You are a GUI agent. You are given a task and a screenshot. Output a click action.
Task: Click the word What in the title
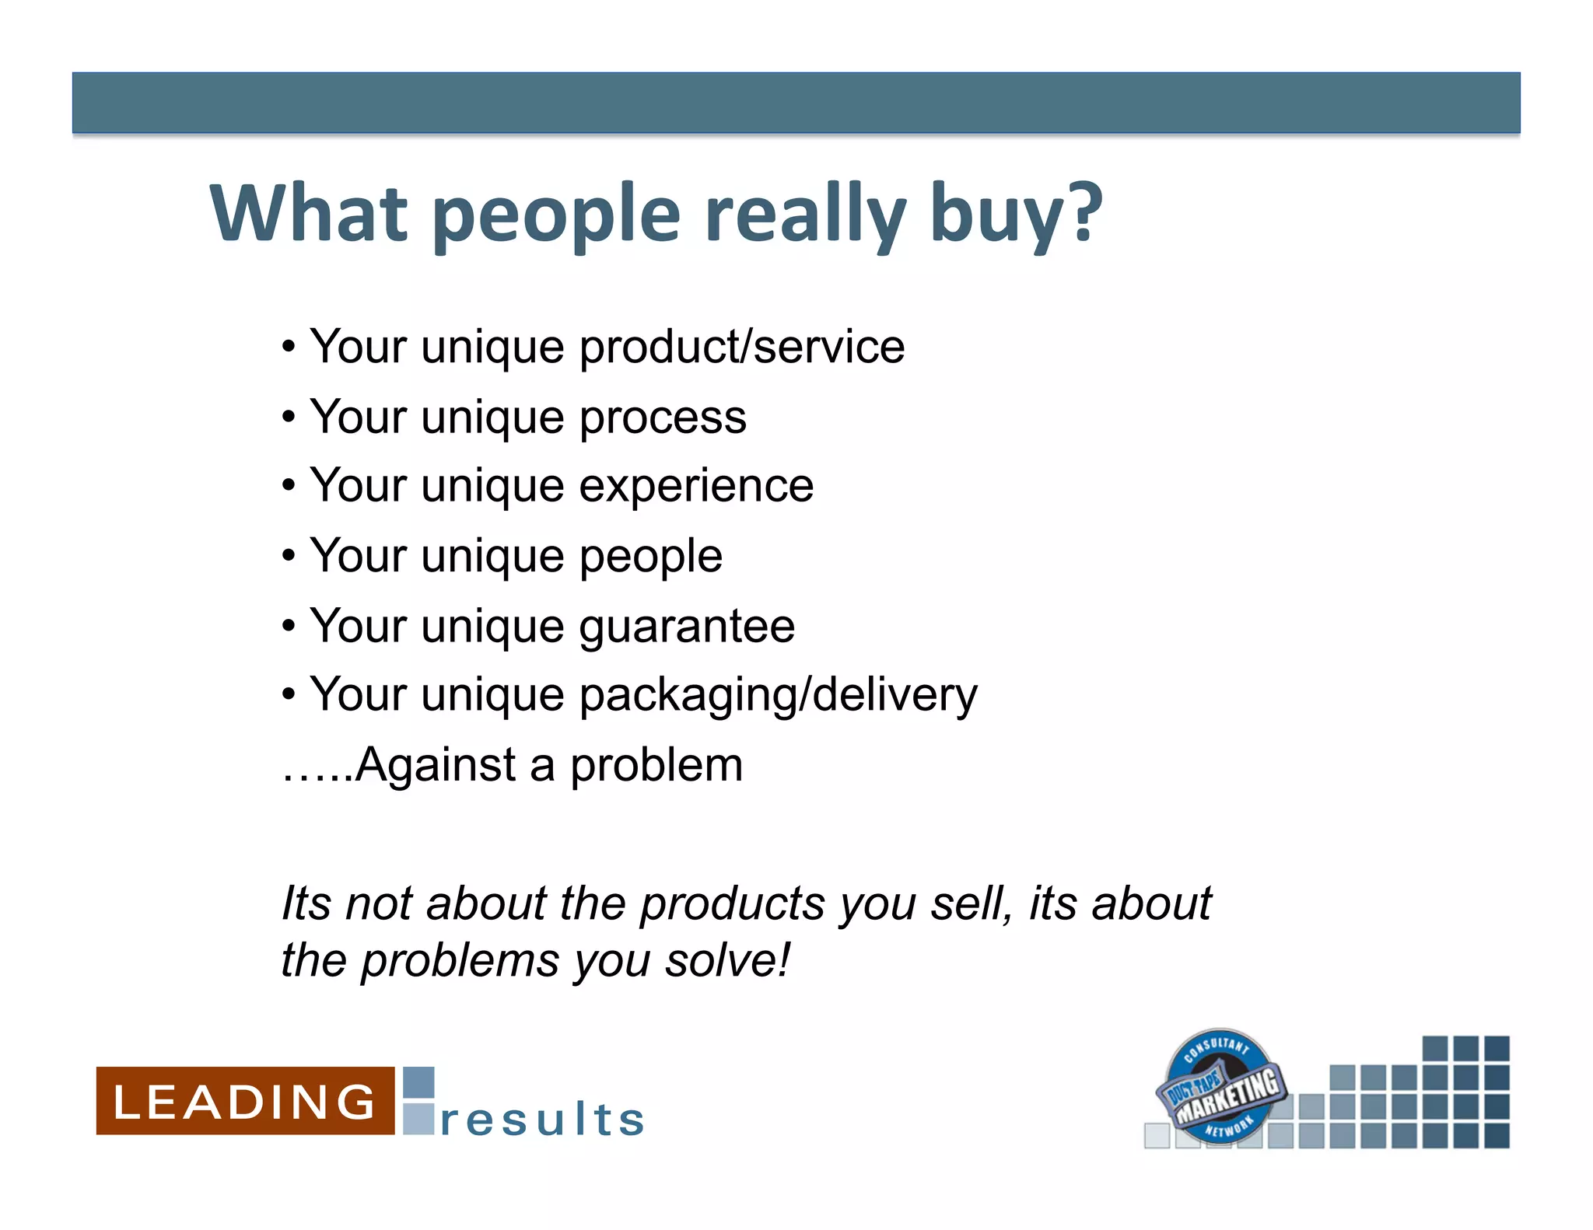pyautogui.click(x=308, y=212)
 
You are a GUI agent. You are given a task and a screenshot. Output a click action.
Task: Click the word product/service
pyautogui.click(x=742, y=347)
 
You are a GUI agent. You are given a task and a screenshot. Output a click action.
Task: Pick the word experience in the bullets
pyautogui.click(x=696, y=487)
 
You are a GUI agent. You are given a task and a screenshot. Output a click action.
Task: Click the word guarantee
pyautogui.click(x=687, y=627)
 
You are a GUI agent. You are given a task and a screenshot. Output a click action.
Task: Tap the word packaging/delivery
pyautogui.click(x=779, y=695)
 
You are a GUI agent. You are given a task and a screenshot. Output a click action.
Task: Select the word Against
pyautogui.click(x=436, y=765)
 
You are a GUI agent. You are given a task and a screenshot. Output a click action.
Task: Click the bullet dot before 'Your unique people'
pyautogui.click(x=289, y=557)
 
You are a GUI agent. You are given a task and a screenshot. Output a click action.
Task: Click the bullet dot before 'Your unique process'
pyautogui.click(x=289, y=418)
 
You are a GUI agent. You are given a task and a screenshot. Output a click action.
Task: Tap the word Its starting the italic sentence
pyautogui.click(x=306, y=903)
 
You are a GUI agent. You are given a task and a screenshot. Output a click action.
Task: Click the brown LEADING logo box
pyautogui.click(x=245, y=1101)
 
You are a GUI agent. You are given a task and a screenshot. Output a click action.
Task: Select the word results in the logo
pyautogui.click(x=542, y=1120)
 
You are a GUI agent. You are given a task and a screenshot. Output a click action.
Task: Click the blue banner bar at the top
pyautogui.click(x=796, y=103)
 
